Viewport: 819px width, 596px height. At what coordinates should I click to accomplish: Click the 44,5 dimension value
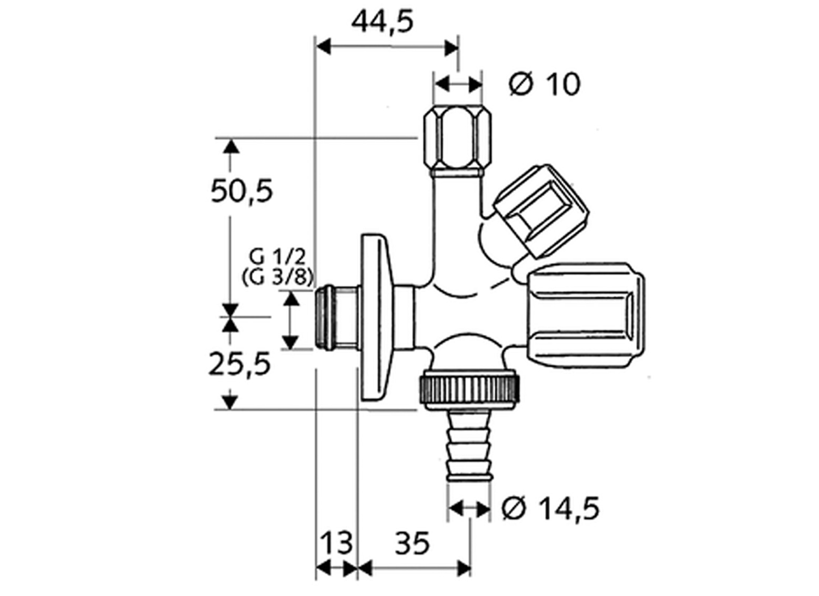382,22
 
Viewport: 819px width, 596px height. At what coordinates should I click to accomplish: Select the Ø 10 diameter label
544,84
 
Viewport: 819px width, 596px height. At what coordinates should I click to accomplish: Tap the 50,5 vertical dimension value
242,191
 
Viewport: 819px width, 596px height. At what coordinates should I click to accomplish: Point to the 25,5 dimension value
240,364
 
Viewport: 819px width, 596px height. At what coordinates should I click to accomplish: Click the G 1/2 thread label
277,257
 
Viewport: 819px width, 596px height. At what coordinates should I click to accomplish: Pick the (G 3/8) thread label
278,278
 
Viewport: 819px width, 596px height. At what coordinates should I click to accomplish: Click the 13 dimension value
336,543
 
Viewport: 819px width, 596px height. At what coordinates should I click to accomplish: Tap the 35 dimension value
412,544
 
